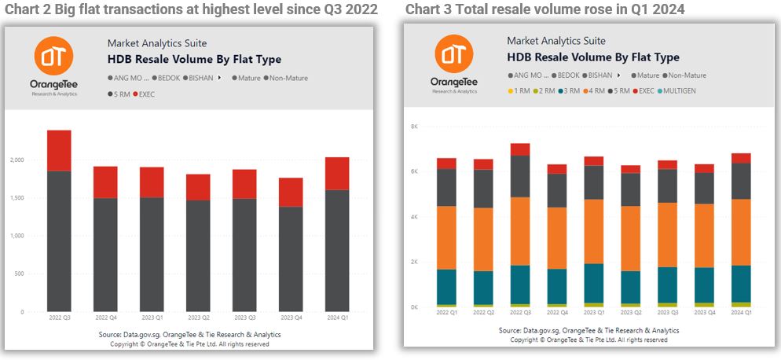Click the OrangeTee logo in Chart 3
[x=453, y=53]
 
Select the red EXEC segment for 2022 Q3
[x=59, y=150]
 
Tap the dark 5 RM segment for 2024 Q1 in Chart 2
[x=336, y=250]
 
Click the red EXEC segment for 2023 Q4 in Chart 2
[x=290, y=192]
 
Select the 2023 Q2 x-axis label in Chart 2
[x=198, y=318]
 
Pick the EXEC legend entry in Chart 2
[x=147, y=94]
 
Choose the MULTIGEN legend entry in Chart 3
[x=677, y=90]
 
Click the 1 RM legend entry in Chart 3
[x=519, y=90]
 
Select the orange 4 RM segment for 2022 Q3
[x=519, y=231]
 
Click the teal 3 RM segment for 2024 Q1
[x=740, y=283]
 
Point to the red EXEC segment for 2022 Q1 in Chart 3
[x=446, y=163]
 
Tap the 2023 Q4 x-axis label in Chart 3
[x=704, y=312]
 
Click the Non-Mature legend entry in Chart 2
[x=288, y=78]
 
